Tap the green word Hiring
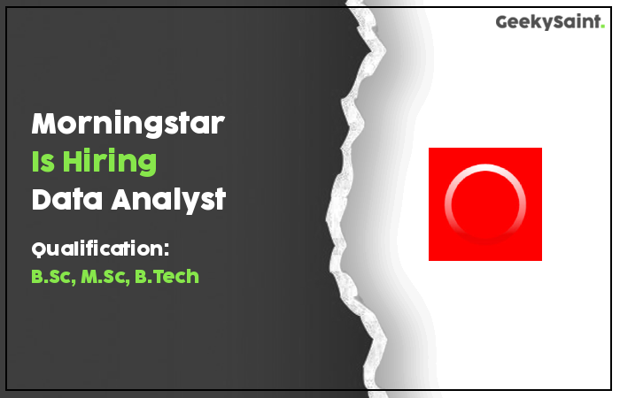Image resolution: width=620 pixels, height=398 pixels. point(110,162)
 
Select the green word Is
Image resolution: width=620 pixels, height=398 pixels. point(43,161)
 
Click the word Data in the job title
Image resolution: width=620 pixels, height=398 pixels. point(67,199)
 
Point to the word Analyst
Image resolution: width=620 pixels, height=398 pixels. point(169,201)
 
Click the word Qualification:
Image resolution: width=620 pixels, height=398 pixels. point(100,249)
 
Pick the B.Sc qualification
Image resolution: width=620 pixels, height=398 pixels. point(53,276)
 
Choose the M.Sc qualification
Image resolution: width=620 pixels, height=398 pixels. point(105,276)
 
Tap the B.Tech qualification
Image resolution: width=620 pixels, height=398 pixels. point(167,276)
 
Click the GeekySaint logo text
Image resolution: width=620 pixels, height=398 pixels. point(550,22)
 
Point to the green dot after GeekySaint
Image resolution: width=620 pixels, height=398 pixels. point(602,26)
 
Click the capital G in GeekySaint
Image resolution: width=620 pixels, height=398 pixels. point(503,22)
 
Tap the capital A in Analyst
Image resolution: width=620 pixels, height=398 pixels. point(124,199)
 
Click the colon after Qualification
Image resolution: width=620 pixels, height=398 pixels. point(167,249)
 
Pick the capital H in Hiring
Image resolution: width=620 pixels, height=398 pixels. point(73,161)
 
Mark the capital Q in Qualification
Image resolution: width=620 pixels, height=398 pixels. point(38,250)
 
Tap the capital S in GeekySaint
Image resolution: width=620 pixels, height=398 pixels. point(558,22)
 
